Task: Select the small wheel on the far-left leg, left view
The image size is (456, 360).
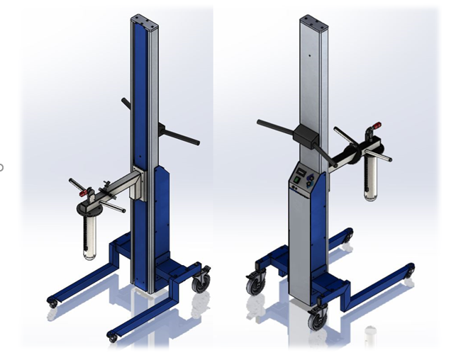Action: (52, 303)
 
